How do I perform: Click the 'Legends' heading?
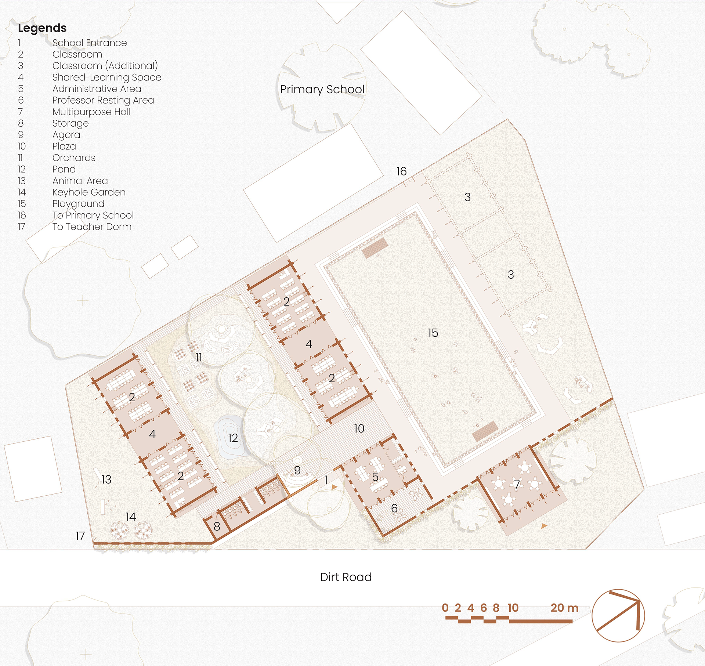click(42, 28)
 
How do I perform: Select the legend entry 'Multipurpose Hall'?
click(91, 112)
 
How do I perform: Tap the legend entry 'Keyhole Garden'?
click(89, 192)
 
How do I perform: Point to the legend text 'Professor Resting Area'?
click(103, 100)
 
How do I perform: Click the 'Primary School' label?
click(322, 90)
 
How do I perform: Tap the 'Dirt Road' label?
click(346, 577)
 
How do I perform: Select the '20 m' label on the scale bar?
click(564, 608)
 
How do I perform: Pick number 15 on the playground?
click(433, 333)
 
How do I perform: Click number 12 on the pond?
click(233, 438)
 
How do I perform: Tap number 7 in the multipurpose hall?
click(517, 485)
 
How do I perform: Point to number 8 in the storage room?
click(217, 526)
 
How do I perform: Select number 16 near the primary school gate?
click(401, 171)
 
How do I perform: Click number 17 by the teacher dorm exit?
click(80, 536)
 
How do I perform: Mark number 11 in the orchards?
click(199, 357)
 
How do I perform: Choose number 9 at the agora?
click(297, 470)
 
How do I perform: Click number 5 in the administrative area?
click(375, 477)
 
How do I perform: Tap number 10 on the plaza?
click(359, 428)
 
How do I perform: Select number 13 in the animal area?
click(106, 479)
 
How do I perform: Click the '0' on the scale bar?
click(445, 608)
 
